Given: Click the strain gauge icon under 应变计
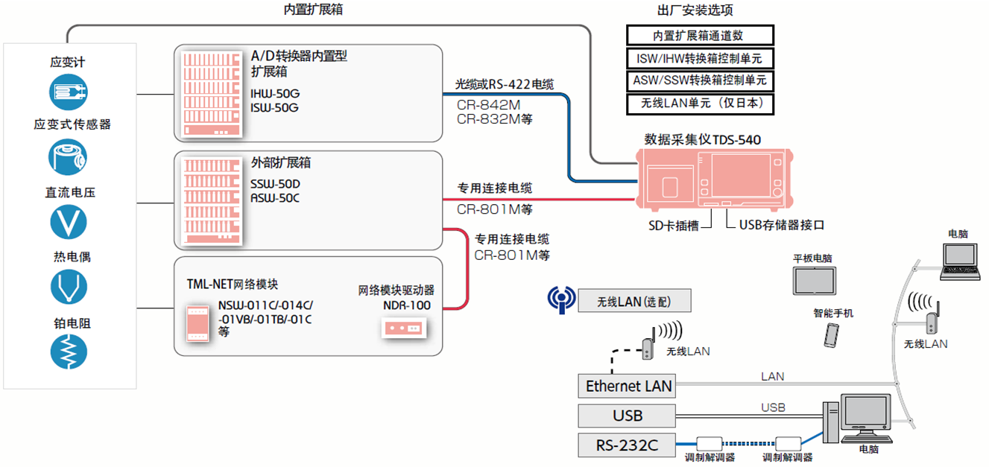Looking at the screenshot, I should click(69, 92).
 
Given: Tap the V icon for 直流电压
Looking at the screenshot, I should click(69, 222).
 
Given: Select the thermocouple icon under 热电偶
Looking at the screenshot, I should click(69, 286).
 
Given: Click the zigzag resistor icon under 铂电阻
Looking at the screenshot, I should click(69, 351).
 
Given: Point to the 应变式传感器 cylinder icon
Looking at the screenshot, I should click(69, 157).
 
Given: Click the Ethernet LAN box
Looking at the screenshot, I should click(628, 386).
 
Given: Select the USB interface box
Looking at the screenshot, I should click(628, 416).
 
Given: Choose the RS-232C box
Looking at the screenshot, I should click(628, 445).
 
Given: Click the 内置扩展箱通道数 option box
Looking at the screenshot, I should click(700, 35).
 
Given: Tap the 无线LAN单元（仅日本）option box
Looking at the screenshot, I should click(700, 104).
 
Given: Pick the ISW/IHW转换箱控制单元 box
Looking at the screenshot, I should click(700, 58).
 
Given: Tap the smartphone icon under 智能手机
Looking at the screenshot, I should click(831, 334).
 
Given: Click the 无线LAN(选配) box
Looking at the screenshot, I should click(633, 302).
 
